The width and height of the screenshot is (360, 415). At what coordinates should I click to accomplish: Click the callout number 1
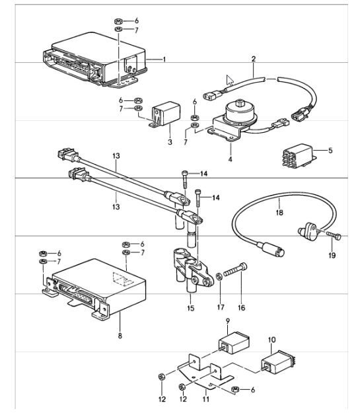164,59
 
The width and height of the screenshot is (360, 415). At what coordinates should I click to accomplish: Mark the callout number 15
192,308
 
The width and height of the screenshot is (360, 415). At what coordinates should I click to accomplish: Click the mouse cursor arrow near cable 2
230,81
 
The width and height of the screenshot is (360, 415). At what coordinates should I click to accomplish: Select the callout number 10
271,340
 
